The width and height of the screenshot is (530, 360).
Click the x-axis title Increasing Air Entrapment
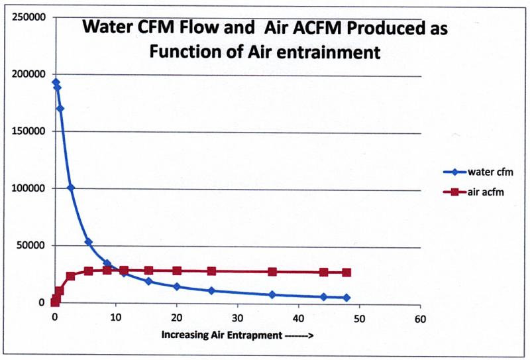pyautogui.click(x=237, y=335)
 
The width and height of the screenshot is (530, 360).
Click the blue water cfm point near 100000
pyautogui.click(x=71, y=188)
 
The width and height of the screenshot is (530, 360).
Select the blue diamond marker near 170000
pyautogui.click(x=60, y=109)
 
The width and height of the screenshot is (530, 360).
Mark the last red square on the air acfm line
pyautogui.click(x=346, y=272)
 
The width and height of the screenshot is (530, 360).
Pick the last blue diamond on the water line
pyautogui.click(x=346, y=298)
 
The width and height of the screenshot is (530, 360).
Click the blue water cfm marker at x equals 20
pyautogui.click(x=177, y=286)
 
